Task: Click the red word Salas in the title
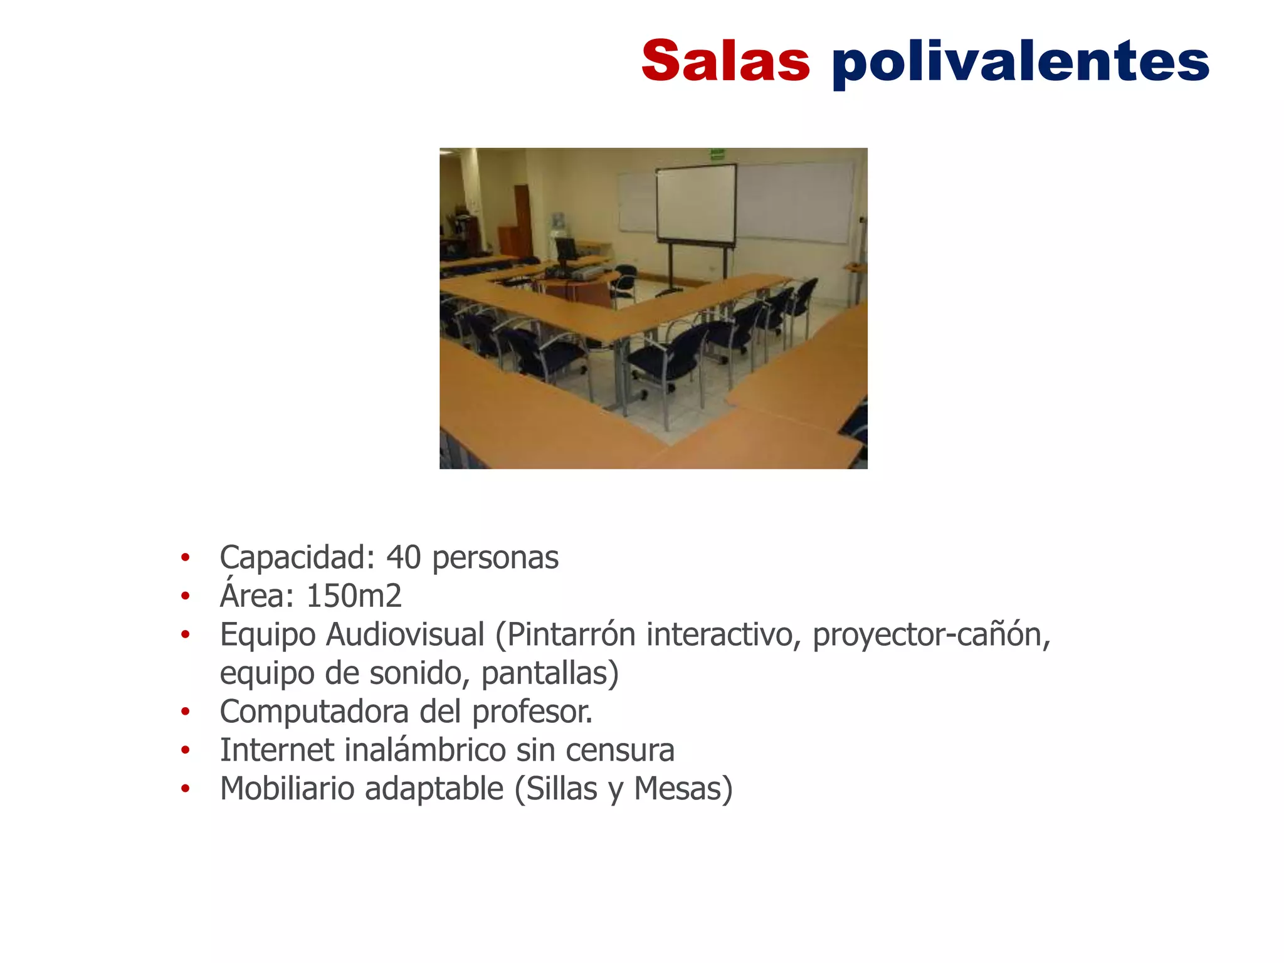click(x=725, y=61)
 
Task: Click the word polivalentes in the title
click(x=1020, y=63)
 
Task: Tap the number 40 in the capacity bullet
click(x=403, y=557)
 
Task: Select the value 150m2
click(x=354, y=596)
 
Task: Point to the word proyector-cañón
click(x=931, y=634)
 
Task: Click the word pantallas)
click(x=550, y=673)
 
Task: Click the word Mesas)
click(x=683, y=789)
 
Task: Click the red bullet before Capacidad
click(x=185, y=557)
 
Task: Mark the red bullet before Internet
click(x=185, y=750)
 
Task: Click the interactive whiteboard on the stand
click(x=696, y=204)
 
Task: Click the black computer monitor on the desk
click(x=566, y=250)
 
